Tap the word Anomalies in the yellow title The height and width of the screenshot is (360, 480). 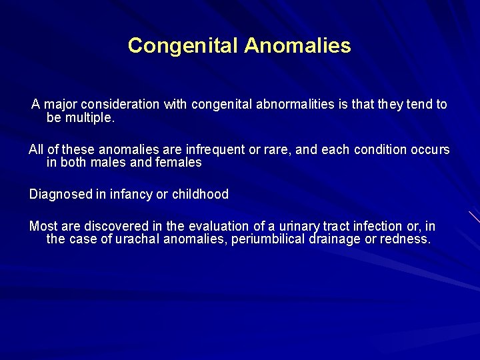point(297,45)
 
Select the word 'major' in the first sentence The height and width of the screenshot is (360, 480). point(61,105)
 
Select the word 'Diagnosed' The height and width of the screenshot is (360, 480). point(57,195)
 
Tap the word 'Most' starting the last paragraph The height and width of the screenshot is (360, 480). point(43,227)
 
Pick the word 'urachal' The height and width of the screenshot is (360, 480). point(137,239)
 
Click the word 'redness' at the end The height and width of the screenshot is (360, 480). point(405,239)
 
